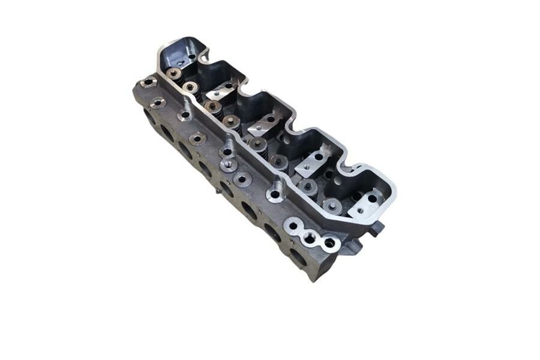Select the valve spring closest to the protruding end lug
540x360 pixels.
(x=332, y=206)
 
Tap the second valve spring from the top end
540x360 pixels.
(x=191, y=88)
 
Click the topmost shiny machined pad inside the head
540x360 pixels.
(x=220, y=91)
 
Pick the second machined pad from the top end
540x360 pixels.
(x=264, y=123)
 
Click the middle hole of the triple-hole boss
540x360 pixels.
(x=310, y=237)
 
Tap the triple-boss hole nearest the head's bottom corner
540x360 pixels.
(x=329, y=244)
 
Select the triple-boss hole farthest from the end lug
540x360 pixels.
(x=292, y=226)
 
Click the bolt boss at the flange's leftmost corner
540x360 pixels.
(x=146, y=82)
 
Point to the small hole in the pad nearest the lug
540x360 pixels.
(x=360, y=211)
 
